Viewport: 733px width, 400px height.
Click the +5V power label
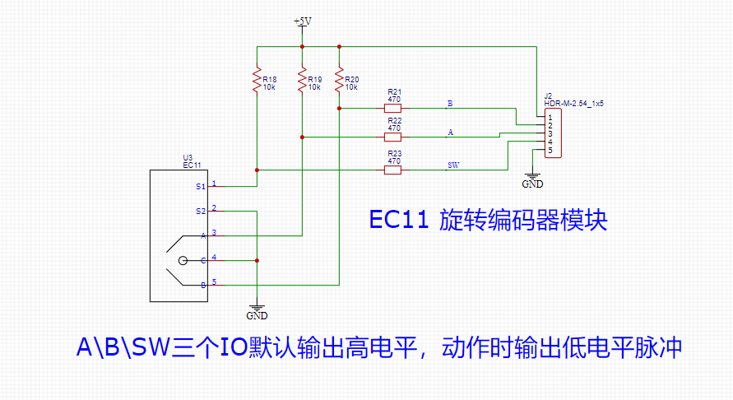coord(302,21)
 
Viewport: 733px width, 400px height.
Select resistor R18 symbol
coord(257,80)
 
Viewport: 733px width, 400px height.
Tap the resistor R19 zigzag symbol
coord(302,80)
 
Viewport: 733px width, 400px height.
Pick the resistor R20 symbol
coord(339,80)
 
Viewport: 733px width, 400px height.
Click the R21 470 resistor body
coord(393,108)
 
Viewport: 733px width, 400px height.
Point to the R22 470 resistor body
coord(393,137)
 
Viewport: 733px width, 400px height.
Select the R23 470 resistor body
coord(393,170)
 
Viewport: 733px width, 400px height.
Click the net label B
coord(450,104)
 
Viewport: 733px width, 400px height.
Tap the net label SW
coord(452,165)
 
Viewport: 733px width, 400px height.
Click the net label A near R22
coord(450,132)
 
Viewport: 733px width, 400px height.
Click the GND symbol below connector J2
coord(532,179)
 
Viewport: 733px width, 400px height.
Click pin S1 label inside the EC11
coord(201,187)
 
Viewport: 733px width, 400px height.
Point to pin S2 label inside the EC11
coord(201,212)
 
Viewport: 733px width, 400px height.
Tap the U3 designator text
coord(187,157)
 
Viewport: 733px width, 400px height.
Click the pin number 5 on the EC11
coord(214,281)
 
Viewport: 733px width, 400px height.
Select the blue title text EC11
coord(398,221)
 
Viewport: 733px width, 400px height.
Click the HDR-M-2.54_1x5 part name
coord(574,105)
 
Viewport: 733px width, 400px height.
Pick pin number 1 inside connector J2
coord(549,118)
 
